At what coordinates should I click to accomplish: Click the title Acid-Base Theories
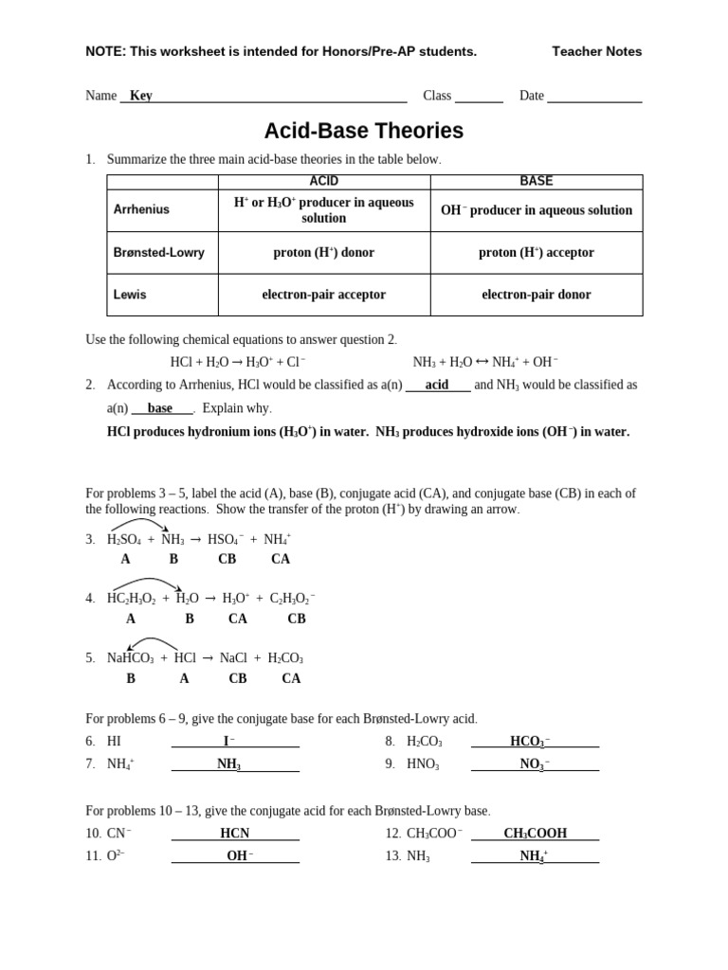(363, 131)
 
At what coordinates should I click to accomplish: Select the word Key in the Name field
(140, 96)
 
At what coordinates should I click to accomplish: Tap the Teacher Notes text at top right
(596, 51)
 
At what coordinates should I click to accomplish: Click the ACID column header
(323, 182)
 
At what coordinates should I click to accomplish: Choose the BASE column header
(536, 182)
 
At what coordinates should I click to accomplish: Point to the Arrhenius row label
(141, 209)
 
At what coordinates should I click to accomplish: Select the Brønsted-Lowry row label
(158, 253)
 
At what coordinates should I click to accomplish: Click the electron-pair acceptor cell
(323, 295)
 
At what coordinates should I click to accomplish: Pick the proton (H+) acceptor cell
(536, 253)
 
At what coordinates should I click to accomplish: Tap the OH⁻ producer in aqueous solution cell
(536, 210)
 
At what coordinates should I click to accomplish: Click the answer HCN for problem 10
(234, 834)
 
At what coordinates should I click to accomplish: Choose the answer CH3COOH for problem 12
(535, 834)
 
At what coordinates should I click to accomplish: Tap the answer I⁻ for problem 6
(229, 741)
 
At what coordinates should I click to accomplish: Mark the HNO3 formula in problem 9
(423, 764)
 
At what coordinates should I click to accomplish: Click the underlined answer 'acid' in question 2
(437, 386)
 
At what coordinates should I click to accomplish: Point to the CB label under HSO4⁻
(227, 559)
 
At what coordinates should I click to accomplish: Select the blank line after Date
(594, 98)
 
